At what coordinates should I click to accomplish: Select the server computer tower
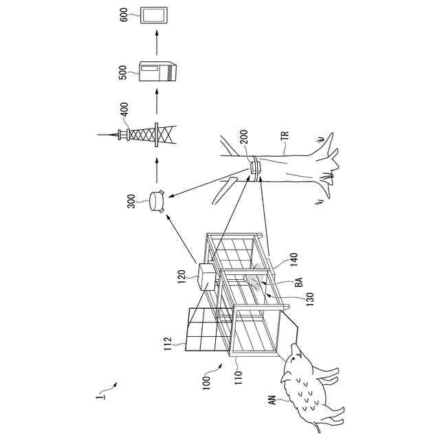pyautogui.click(x=157, y=71)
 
